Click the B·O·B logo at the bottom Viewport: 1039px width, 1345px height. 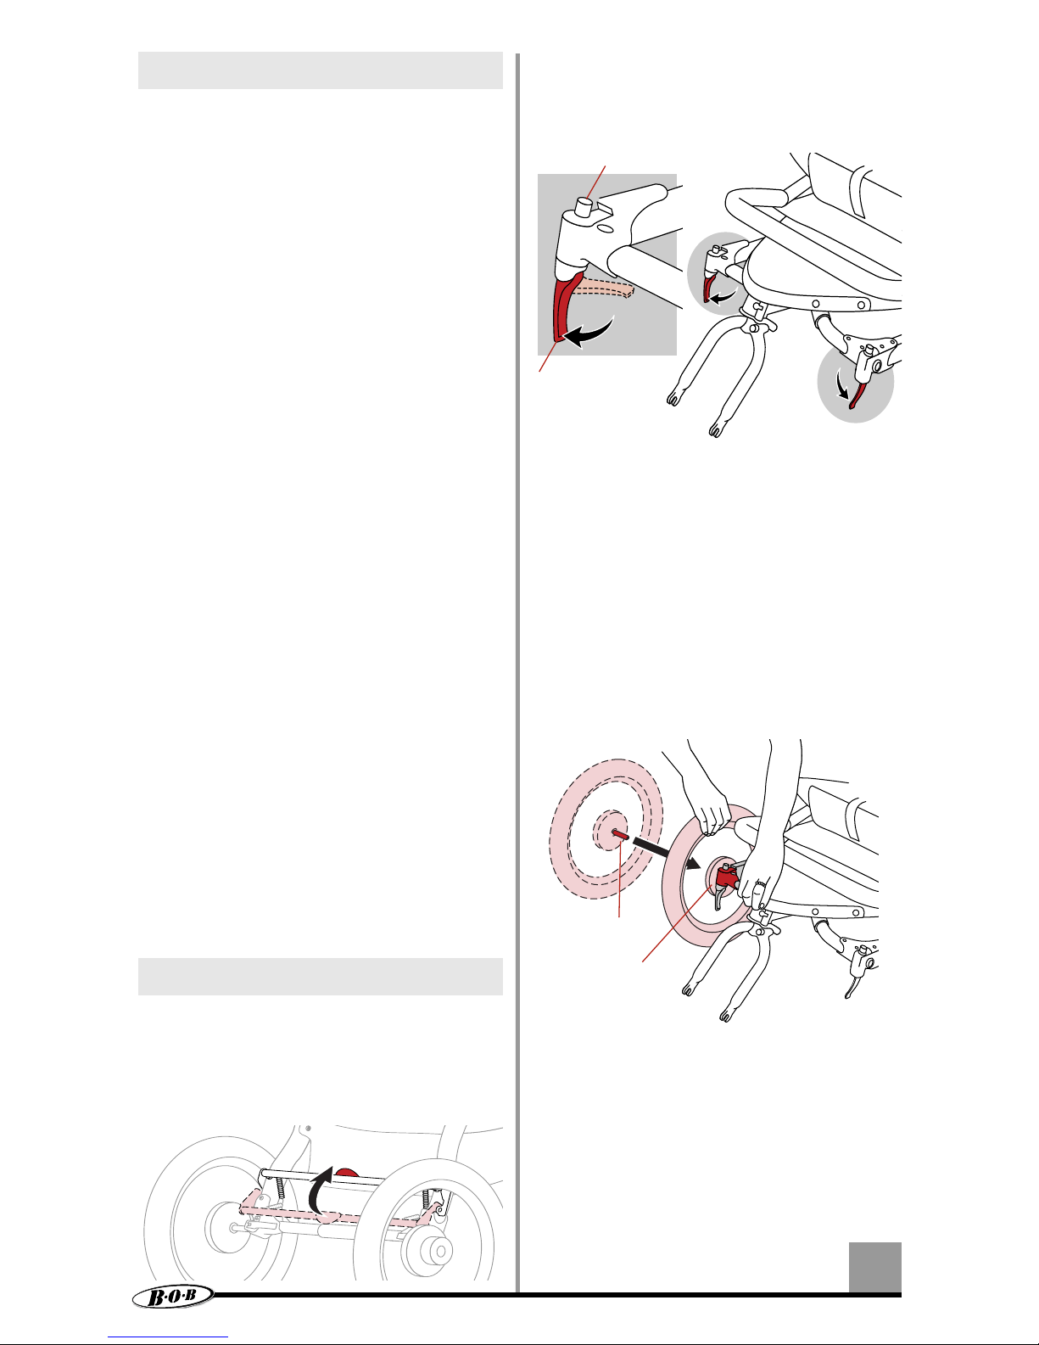pyautogui.click(x=173, y=1296)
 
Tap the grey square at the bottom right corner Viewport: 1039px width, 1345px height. pyautogui.click(x=874, y=1266)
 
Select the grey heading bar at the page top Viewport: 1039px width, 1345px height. pyautogui.click(x=320, y=70)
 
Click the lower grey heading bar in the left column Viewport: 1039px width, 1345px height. pyautogui.click(x=320, y=977)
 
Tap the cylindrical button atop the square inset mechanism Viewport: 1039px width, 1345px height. pyautogui.click(x=584, y=206)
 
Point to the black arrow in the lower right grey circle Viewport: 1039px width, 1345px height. pyautogui.click(x=841, y=386)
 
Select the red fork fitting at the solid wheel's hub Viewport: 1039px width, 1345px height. pyautogui.click(x=728, y=877)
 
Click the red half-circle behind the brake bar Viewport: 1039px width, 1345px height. pyautogui.click(x=347, y=1173)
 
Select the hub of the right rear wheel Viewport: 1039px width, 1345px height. pyautogui.click(x=429, y=1250)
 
